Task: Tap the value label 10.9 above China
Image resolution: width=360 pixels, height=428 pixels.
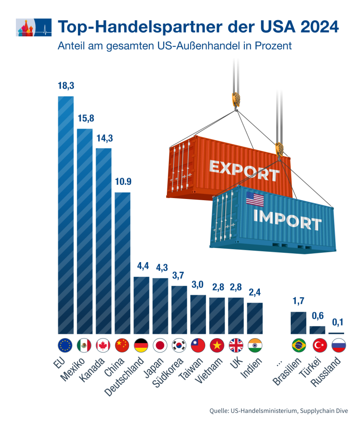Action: point(123,182)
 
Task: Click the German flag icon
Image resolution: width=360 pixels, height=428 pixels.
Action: point(141,345)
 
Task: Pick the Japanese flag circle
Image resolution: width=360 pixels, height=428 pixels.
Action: point(160,345)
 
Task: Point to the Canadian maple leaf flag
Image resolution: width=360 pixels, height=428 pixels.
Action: point(103,345)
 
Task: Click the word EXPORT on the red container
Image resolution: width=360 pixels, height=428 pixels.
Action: point(244,171)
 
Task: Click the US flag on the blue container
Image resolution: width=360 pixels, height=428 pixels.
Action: point(255,199)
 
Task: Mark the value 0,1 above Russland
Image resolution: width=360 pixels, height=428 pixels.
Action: point(336,322)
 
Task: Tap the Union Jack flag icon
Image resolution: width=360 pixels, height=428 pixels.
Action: point(236,345)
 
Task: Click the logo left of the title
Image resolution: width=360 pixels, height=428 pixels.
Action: point(33,28)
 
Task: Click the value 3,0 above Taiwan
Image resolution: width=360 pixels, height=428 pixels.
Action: point(198,285)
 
